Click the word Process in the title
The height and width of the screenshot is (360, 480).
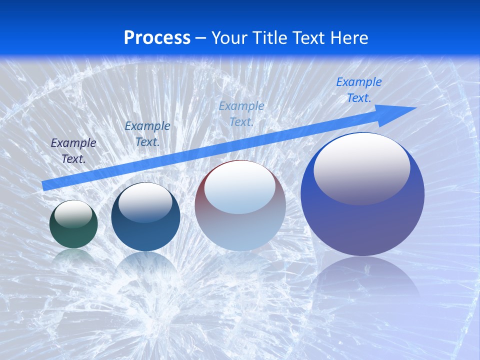click(x=157, y=38)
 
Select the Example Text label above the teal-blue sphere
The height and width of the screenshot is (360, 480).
click(x=147, y=134)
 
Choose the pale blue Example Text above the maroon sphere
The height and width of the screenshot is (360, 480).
click(x=241, y=113)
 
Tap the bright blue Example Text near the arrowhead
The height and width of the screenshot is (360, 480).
click(x=359, y=90)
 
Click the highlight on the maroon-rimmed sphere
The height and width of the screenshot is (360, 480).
click(x=240, y=186)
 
